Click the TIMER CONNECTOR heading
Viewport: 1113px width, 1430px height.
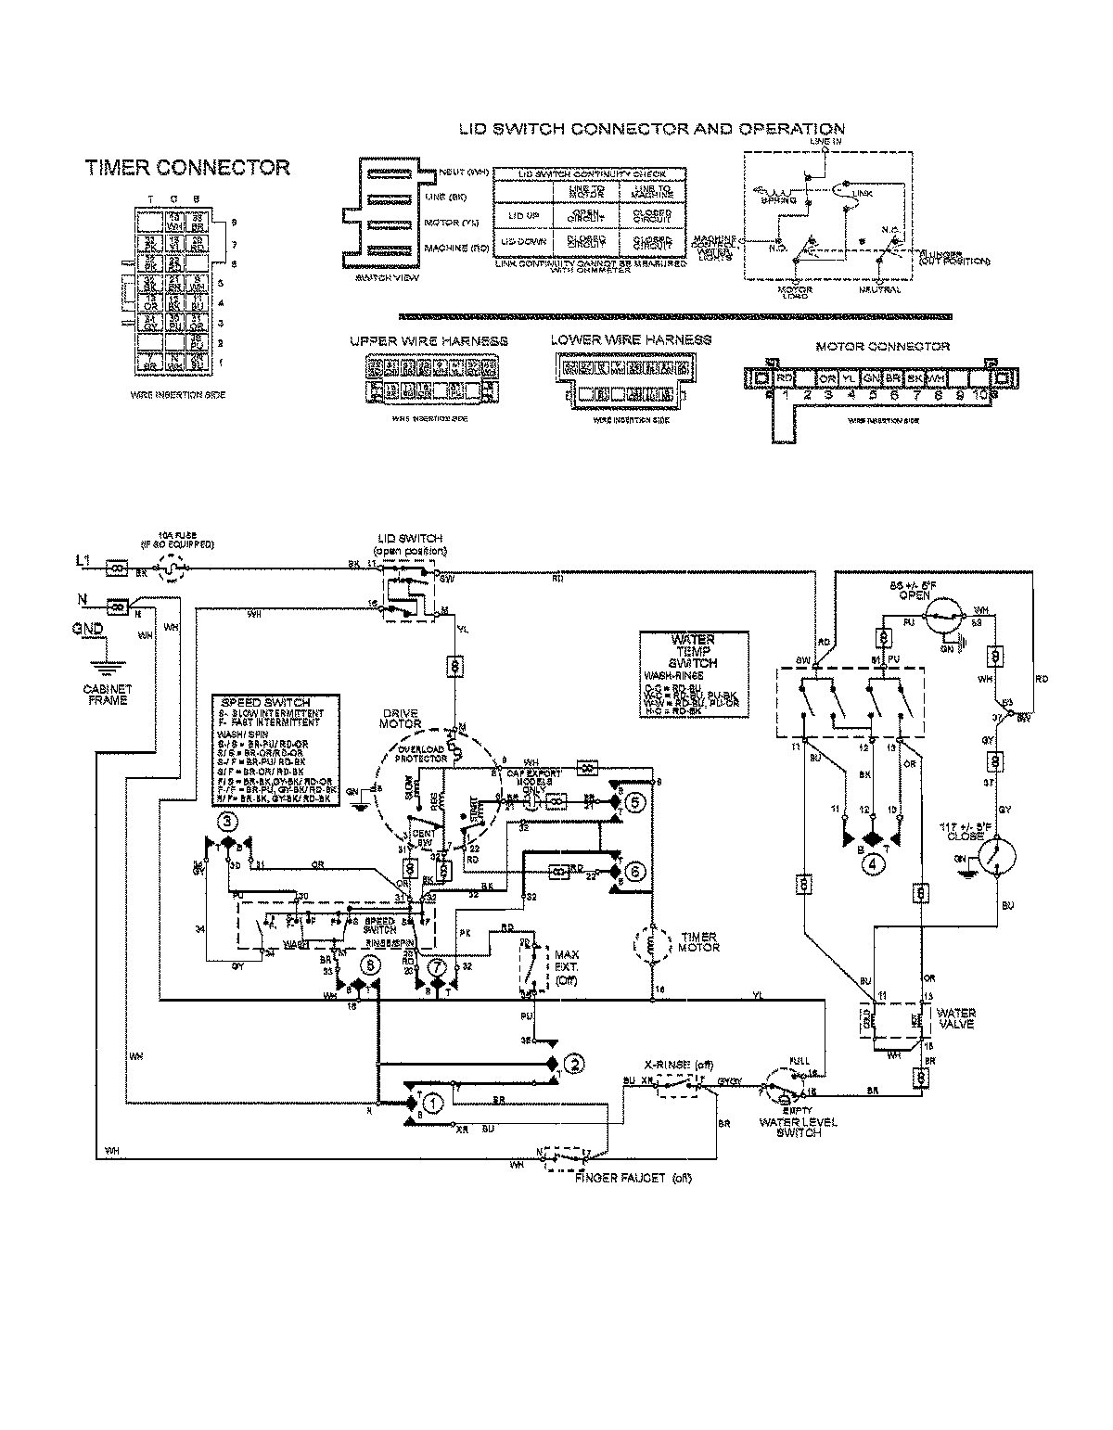click(187, 168)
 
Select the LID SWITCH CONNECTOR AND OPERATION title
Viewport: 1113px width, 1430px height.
click(652, 129)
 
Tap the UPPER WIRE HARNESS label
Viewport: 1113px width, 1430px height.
click(429, 341)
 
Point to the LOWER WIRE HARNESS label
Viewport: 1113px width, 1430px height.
click(631, 340)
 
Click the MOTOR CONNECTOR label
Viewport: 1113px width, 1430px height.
click(882, 347)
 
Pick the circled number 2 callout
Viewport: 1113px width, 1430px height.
click(575, 1063)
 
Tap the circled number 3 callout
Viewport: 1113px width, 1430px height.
click(227, 821)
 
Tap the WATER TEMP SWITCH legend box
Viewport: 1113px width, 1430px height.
click(692, 667)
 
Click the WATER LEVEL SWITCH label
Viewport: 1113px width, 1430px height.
click(798, 1127)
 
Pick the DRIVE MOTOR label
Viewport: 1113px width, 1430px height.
click(400, 718)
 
